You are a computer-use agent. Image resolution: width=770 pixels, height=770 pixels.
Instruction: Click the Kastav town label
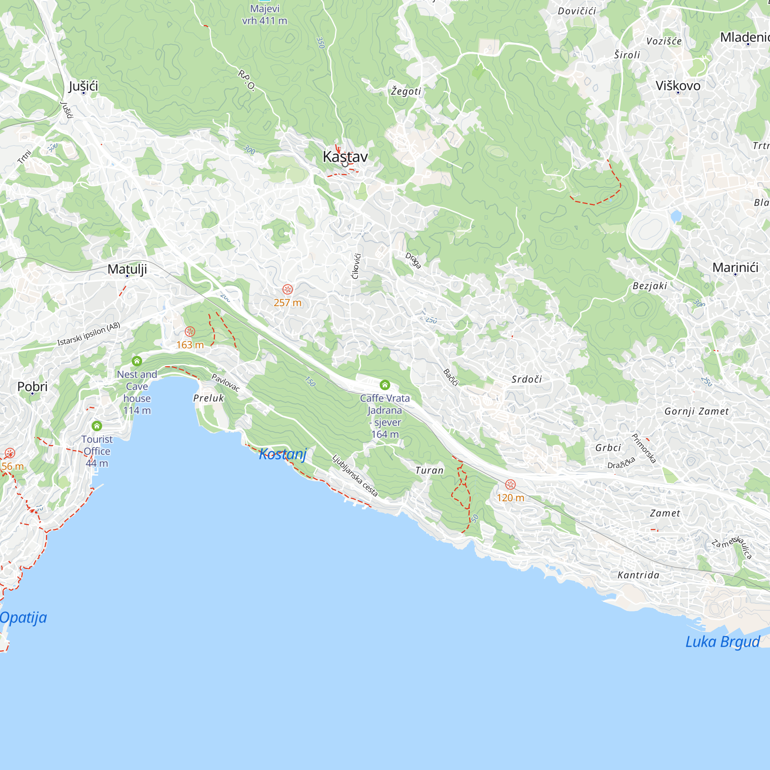[x=345, y=157]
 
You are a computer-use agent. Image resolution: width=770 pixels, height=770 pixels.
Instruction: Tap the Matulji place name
[x=127, y=269]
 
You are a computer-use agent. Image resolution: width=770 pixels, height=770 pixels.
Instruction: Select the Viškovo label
[x=678, y=86]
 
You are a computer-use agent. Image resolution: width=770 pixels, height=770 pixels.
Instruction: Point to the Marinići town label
[x=735, y=268]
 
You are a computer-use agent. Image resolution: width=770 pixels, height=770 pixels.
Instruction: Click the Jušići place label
[x=83, y=86]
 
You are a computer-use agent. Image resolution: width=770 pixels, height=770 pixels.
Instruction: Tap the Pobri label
[x=32, y=386]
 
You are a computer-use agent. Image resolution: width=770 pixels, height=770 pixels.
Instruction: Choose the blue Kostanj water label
[x=283, y=454]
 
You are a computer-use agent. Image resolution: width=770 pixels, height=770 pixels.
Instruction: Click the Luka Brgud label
[x=723, y=642]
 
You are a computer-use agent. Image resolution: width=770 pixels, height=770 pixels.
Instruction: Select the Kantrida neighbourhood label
[x=638, y=575]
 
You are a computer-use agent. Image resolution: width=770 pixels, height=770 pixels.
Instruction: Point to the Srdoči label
[x=526, y=379]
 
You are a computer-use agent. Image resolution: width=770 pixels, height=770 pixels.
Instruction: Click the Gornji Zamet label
[x=696, y=411]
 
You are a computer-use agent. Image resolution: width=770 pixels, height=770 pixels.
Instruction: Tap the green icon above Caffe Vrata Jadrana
[x=385, y=385]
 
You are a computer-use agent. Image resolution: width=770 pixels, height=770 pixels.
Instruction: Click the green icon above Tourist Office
[x=97, y=426]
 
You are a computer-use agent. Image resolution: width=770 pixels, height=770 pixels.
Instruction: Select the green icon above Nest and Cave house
[x=137, y=361]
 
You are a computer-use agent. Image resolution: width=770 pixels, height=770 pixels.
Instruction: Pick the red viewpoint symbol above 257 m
[x=287, y=290]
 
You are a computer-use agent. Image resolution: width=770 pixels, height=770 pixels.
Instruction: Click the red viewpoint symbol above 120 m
[x=510, y=485]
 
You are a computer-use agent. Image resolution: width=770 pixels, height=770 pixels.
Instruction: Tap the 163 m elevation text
[x=190, y=345]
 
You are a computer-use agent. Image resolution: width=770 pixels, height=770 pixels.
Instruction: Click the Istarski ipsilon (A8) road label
[x=89, y=334]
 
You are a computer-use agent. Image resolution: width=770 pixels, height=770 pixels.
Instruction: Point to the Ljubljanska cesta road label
[x=355, y=476]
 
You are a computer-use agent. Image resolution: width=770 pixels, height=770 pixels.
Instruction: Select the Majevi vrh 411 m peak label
[x=264, y=15]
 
